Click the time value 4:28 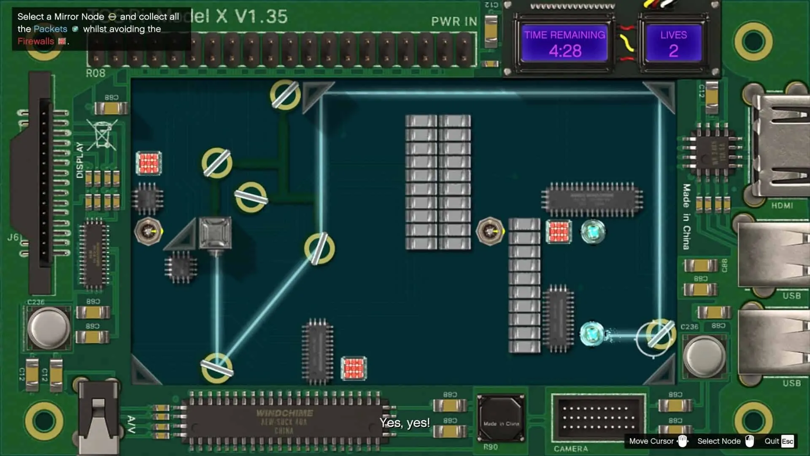565,51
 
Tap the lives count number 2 673,51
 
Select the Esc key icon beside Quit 787,441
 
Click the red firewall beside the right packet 559,232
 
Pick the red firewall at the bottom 354,368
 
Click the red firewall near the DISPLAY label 148,163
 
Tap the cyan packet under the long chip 593,232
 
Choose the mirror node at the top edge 285,95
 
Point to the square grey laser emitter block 215,233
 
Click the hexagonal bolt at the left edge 148,231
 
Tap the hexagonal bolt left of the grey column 490,231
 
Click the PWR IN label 454,22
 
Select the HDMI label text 782,206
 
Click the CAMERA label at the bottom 570,448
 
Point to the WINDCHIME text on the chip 284,413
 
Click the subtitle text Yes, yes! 405,423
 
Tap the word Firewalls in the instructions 36,41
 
